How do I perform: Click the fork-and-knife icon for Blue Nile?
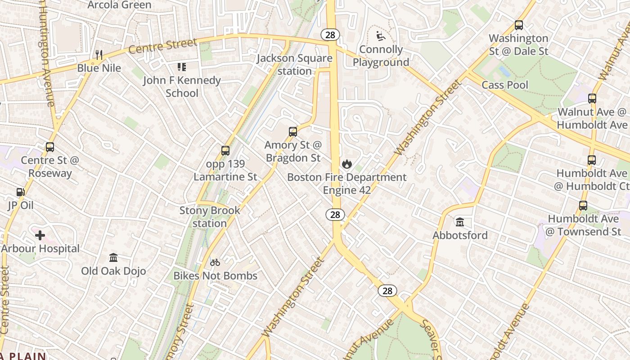pos(99,55)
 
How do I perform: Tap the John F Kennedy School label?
pos(182,86)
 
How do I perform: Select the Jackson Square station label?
pos(295,64)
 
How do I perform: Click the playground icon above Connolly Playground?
pos(381,36)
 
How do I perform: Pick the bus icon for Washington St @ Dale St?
pos(519,25)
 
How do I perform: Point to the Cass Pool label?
pos(505,85)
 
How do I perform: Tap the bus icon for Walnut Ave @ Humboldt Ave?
pos(592,99)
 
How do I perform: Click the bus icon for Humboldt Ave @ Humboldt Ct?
pos(592,160)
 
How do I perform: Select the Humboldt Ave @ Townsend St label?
pos(583,225)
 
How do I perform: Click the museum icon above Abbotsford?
pos(460,222)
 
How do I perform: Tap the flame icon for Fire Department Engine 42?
pos(346,164)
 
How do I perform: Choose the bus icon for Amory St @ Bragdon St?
pos(293,132)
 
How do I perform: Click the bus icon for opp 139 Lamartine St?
pos(225,151)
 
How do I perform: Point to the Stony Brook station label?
pos(210,216)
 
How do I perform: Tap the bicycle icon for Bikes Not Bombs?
pos(215,262)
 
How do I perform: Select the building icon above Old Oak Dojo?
pos(113,258)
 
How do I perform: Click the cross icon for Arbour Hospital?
pos(40,235)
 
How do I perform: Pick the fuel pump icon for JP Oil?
pos(20,192)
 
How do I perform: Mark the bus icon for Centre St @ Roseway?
pos(50,147)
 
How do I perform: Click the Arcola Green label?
pos(120,5)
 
